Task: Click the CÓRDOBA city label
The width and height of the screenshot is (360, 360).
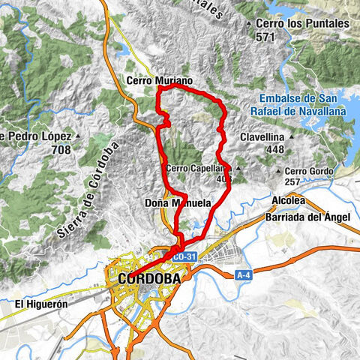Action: tap(149, 279)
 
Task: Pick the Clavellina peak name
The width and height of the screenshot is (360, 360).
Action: tap(262, 137)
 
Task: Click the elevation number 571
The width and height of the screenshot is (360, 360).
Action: tap(265, 34)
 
